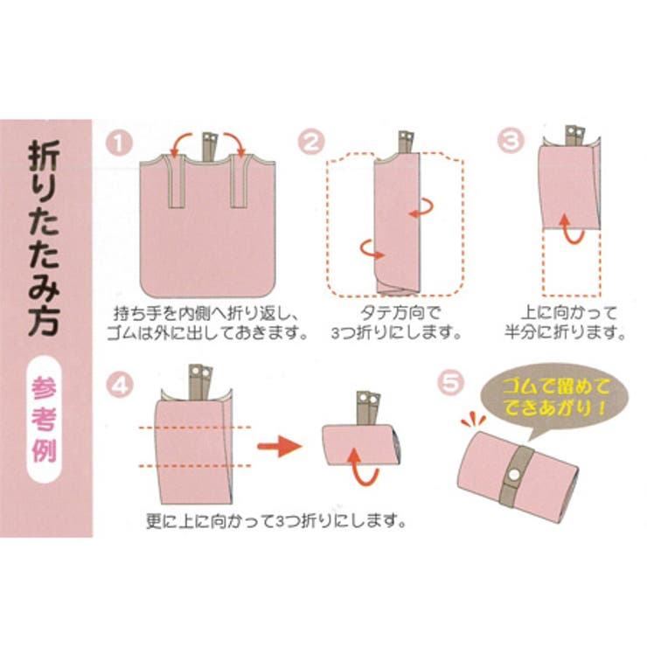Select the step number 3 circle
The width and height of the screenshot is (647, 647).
click(x=511, y=141)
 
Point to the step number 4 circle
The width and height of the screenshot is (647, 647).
click(x=120, y=382)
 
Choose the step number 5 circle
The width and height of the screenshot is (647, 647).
click(x=448, y=382)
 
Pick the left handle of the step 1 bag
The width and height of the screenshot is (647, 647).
click(x=174, y=184)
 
